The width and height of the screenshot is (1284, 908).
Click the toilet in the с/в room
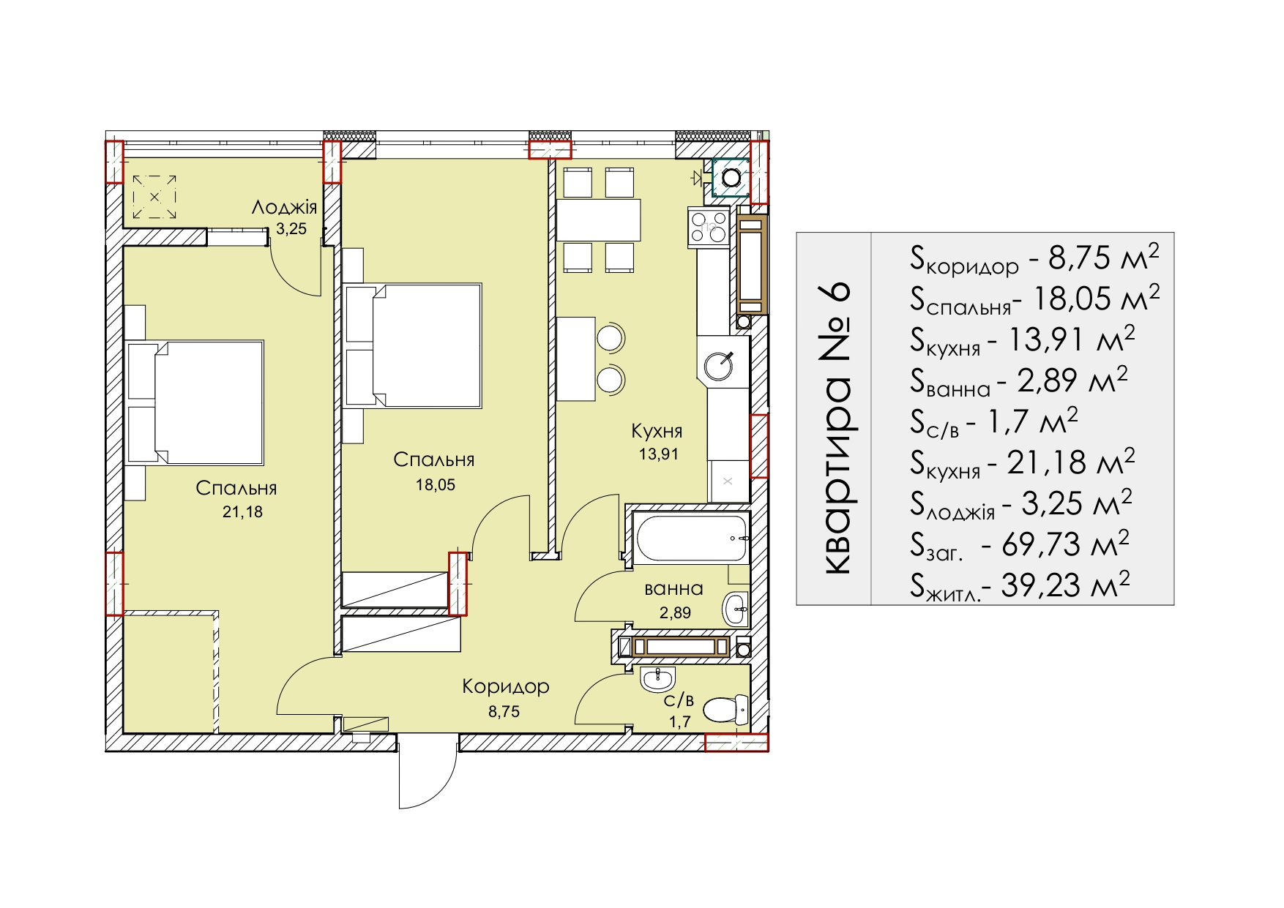tap(725, 709)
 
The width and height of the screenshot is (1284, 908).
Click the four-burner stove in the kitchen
tap(709, 227)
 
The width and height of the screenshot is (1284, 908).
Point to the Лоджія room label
tap(284, 207)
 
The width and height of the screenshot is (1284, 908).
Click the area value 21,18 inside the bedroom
tap(242, 512)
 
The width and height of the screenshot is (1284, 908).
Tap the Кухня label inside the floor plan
tap(657, 431)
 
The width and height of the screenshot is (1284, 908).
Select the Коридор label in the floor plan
tap(506, 686)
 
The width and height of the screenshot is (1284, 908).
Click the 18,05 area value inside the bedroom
tap(436, 484)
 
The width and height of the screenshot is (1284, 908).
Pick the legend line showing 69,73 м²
tap(1020, 544)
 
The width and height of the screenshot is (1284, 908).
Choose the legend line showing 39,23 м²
tap(1020, 585)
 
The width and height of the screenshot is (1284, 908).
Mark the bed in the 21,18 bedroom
tap(195, 402)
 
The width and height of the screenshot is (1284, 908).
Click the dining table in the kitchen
tap(598, 220)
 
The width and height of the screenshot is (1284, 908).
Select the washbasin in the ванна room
tap(736, 609)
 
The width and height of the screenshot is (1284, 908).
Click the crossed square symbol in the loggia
tap(154, 197)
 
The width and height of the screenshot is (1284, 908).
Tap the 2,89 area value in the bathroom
tap(675, 613)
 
